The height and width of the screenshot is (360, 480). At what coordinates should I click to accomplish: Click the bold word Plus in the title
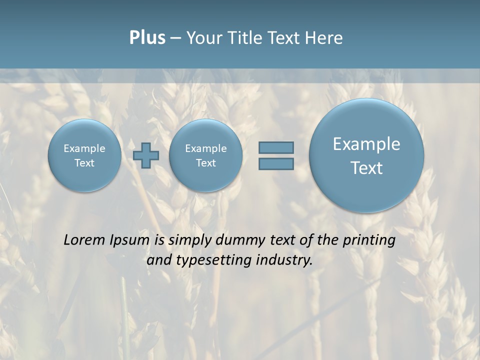point(147,38)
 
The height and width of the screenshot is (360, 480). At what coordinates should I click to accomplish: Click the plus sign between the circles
point(146,155)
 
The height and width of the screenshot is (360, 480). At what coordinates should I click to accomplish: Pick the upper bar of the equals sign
point(276,147)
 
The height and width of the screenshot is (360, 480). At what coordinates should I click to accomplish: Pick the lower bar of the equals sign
point(276,164)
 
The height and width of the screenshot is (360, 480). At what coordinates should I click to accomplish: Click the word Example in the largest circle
point(366,144)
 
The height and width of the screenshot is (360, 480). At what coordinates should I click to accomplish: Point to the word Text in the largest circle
point(366,168)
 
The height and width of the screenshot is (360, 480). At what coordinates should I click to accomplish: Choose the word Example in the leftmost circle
point(84,148)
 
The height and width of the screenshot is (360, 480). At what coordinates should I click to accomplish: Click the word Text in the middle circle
point(205,163)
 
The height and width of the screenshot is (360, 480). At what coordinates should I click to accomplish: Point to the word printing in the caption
point(368,240)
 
